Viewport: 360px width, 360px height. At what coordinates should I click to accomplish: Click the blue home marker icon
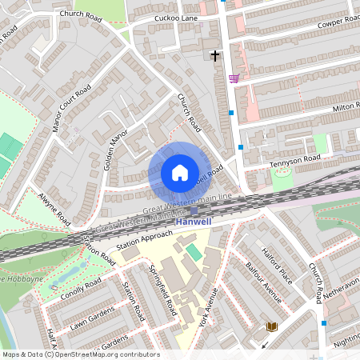pyautogui.click(x=179, y=172)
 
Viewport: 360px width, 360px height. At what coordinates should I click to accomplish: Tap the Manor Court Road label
pyautogui.click(x=70, y=107)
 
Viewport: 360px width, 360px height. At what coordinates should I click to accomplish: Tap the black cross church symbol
pyautogui.click(x=214, y=55)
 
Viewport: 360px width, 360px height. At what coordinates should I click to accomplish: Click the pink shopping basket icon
pyautogui.click(x=234, y=78)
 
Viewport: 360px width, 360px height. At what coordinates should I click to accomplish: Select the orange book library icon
pyautogui.click(x=271, y=326)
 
